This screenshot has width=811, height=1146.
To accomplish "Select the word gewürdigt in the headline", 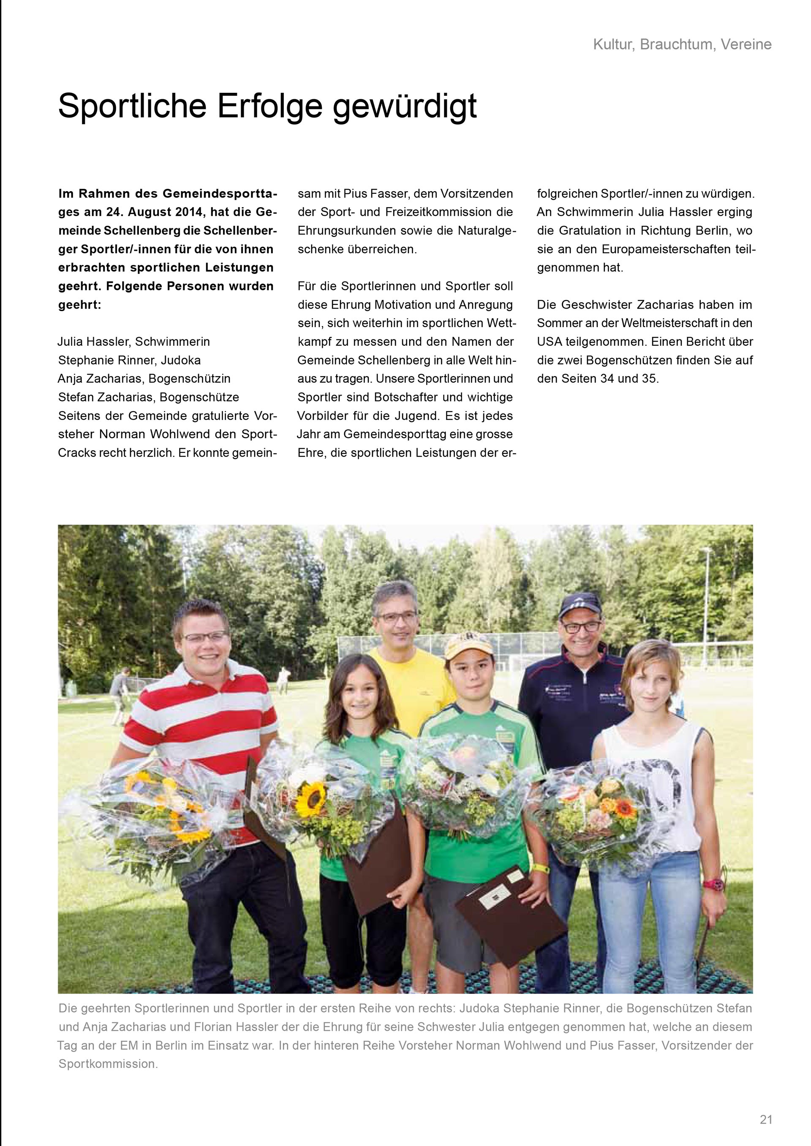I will click(405, 106).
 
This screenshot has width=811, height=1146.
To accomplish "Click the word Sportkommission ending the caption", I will click(108, 1064).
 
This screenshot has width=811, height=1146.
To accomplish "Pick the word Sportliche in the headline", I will click(133, 106).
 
